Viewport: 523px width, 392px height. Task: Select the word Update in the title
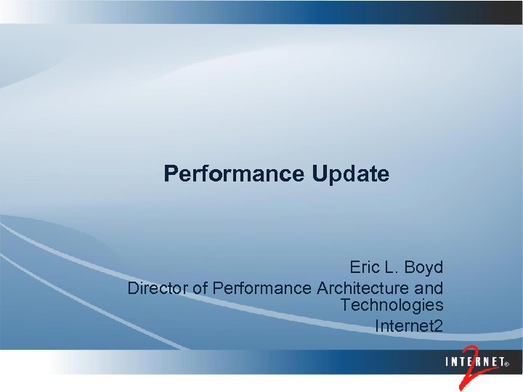[x=351, y=174]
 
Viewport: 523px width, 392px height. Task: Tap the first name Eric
[x=365, y=267]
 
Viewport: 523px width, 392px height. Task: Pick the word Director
[x=158, y=288]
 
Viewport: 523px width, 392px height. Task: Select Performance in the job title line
[x=262, y=288]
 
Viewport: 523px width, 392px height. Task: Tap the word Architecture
[x=362, y=288]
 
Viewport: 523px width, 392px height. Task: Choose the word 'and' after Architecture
[x=429, y=288]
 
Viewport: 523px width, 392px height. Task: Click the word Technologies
[x=392, y=306]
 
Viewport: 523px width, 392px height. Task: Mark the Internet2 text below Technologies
[x=408, y=326]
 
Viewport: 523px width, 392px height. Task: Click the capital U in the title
[x=320, y=174]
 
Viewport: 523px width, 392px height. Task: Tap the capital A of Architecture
[x=323, y=288]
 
